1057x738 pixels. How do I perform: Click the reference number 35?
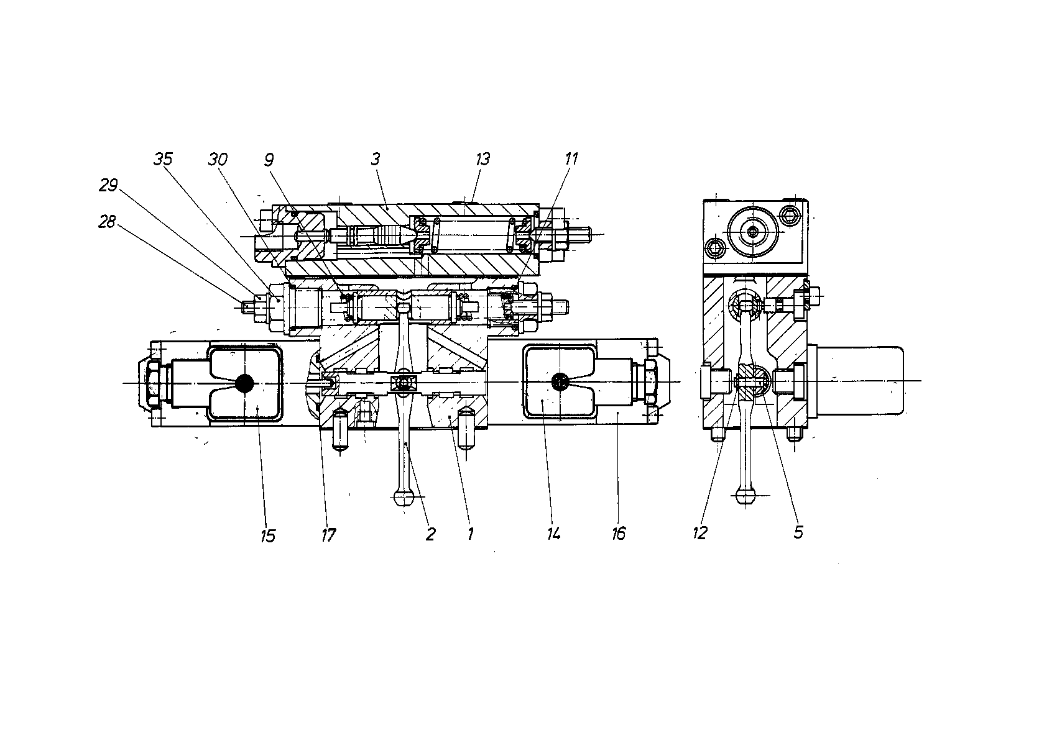(x=164, y=159)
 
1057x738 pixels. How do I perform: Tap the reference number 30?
(x=218, y=160)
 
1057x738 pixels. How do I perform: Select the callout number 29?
(x=108, y=185)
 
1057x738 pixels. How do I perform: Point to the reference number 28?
(x=107, y=221)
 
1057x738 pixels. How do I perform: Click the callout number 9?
(x=269, y=160)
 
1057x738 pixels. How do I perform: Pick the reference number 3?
(x=376, y=159)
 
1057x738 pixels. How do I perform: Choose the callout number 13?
(x=482, y=158)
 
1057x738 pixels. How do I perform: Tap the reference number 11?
(x=571, y=158)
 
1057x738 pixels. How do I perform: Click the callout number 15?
(x=268, y=536)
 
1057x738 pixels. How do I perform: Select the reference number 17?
(x=328, y=535)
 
